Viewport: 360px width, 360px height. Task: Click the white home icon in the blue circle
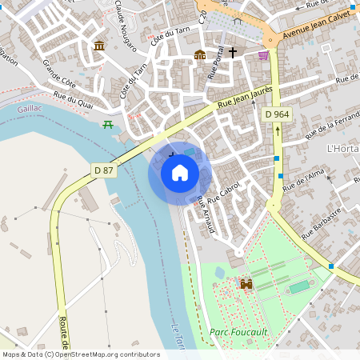tap(180, 173)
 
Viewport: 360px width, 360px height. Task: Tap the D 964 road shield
tap(278, 115)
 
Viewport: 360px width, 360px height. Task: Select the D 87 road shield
tap(102, 170)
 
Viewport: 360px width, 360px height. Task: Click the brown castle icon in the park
tap(246, 283)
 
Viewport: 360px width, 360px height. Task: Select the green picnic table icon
tap(107, 124)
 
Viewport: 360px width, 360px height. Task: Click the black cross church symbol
tap(233, 54)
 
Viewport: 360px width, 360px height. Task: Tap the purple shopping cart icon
tap(263, 54)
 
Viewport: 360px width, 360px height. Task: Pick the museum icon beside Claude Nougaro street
tap(98, 46)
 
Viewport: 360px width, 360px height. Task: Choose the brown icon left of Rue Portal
tap(200, 54)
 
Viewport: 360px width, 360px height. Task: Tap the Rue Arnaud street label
tap(206, 214)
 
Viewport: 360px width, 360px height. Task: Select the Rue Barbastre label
tap(322, 222)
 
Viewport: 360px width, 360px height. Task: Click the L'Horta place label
tap(343, 149)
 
